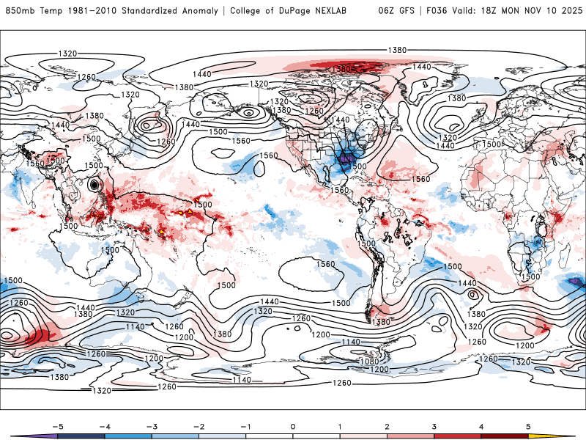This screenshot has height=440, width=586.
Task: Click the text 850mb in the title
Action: click(x=20, y=11)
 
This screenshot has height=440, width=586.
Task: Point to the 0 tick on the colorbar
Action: click(x=292, y=425)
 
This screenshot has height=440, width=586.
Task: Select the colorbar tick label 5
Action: click(x=528, y=425)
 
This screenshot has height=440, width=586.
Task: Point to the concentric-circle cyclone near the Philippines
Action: click(x=94, y=186)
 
